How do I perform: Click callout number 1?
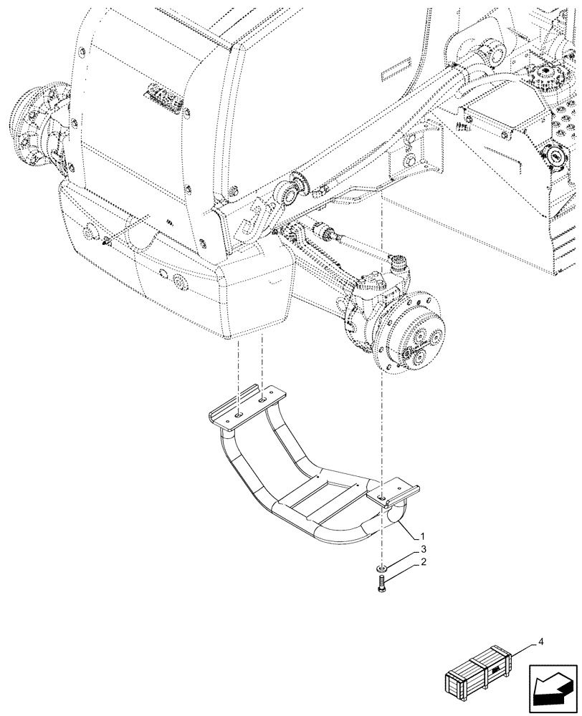425,536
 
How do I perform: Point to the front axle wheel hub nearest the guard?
412,334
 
